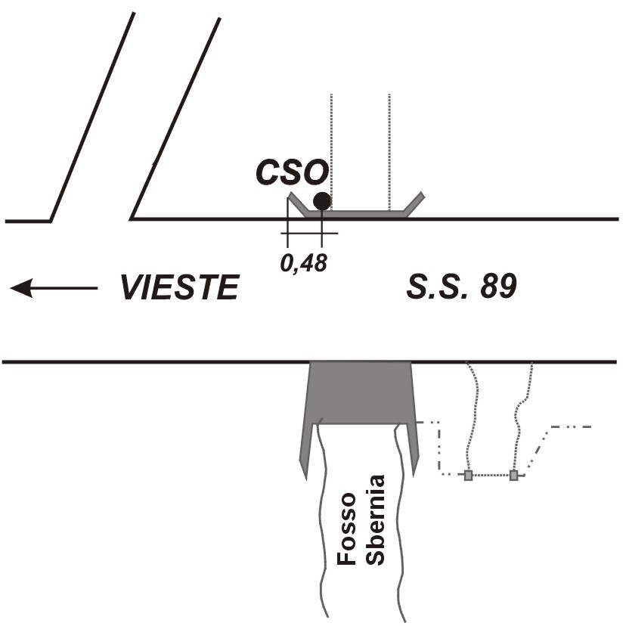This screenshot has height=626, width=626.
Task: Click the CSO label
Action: pyautogui.click(x=293, y=172)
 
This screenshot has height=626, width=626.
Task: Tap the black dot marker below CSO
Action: pyautogui.click(x=322, y=201)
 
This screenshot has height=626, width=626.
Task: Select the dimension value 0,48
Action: pyautogui.click(x=304, y=264)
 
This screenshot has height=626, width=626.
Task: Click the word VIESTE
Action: pyautogui.click(x=180, y=287)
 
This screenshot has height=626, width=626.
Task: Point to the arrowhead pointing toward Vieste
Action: pyautogui.click(x=20, y=288)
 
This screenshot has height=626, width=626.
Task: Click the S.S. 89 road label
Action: pyautogui.click(x=461, y=287)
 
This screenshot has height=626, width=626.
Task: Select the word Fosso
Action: pyautogui.click(x=346, y=528)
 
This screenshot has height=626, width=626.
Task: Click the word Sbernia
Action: pyautogui.click(x=375, y=519)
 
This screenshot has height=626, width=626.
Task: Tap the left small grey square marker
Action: pyautogui.click(x=468, y=475)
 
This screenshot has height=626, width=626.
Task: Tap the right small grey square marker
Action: pyautogui.click(x=514, y=475)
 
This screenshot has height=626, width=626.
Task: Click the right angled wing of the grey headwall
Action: pyautogui.click(x=414, y=204)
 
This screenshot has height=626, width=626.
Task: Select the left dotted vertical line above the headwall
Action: pyautogui.click(x=331, y=152)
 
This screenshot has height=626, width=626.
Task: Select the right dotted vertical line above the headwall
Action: pyautogui.click(x=389, y=152)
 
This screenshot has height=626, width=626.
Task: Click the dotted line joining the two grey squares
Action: pyautogui.click(x=491, y=475)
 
